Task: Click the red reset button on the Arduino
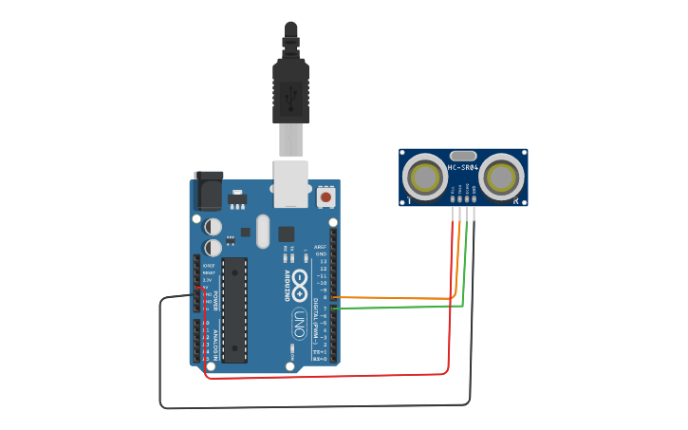pos(325,196)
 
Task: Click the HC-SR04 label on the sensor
pos(462,168)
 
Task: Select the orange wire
pos(399,298)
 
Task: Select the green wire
pos(399,307)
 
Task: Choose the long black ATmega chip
pos(234,309)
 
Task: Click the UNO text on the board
pos(299,318)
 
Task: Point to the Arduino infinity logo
pos(299,282)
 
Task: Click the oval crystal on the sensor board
pos(462,155)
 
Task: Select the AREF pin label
pos(321,247)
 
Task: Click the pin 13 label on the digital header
pos(323,261)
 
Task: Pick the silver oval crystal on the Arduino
pos(263,231)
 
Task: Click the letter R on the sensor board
pos(515,200)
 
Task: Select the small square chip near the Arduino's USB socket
pos(286,233)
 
